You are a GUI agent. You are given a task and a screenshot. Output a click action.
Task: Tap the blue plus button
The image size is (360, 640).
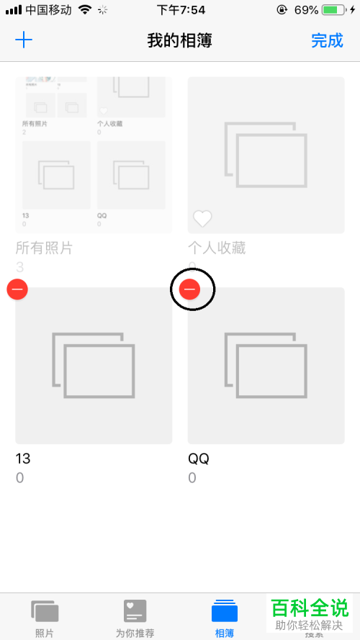(x=24, y=40)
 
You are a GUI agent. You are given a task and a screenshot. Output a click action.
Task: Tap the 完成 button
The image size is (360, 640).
(x=327, y=40)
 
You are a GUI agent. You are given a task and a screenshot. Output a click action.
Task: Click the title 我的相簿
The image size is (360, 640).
(x=179, y=40)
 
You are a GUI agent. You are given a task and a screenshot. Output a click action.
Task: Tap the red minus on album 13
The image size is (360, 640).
(x=17, y=289)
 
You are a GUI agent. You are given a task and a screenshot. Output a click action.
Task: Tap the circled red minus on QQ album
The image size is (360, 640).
(x=190, y=289)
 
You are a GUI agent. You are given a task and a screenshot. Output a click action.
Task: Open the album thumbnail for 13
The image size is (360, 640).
(x=94, y=365)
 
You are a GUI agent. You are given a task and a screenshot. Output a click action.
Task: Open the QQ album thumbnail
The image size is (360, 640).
(x=266, y=365)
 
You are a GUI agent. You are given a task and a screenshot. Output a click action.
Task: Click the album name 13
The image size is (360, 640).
(x=23, y=459)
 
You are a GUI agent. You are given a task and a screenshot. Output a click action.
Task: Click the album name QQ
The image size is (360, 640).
(x=198, y=459)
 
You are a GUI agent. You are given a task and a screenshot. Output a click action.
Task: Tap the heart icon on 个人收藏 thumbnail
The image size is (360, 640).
(x=202, y=218)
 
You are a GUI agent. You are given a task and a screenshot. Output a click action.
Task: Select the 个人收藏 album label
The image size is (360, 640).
(x=217, y=248)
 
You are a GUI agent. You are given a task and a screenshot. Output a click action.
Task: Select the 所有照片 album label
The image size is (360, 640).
(x=44, y=248)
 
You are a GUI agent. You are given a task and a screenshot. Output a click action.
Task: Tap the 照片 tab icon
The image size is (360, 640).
(x=45, y=611)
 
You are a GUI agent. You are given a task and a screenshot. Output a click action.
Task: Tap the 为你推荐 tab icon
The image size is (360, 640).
(x=135, y=611)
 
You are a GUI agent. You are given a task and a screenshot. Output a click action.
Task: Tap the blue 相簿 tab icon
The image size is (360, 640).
(x=224, y=611)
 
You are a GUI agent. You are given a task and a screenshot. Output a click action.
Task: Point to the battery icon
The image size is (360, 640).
(x=333, y=10)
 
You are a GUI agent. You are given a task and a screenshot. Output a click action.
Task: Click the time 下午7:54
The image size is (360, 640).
(x=180, y=10)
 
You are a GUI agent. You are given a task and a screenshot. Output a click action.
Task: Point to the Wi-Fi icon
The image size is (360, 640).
(x=85, y=10)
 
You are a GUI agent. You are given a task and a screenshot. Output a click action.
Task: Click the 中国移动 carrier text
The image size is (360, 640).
(x=49, y=10)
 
